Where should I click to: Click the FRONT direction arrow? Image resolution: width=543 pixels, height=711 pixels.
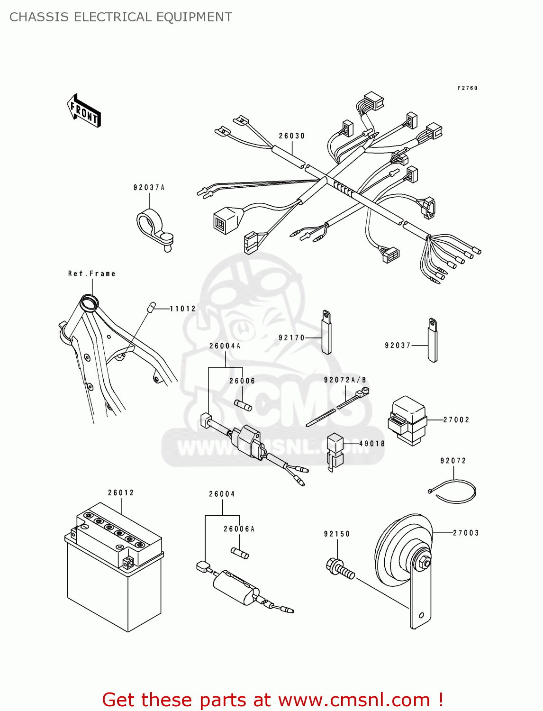point(84,111)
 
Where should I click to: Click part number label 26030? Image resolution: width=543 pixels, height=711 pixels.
point(291,136)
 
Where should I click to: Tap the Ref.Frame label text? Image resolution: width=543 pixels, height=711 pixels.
point(91,273)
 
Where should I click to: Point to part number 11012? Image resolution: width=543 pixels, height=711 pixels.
point(183,309)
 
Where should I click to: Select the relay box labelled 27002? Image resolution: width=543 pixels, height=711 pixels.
point(408,420)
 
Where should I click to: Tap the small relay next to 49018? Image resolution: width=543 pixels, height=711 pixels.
point(335,450)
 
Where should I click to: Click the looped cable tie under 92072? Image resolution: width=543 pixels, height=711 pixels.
point(454,492)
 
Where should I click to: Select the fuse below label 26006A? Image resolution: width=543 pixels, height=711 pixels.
point(240,553)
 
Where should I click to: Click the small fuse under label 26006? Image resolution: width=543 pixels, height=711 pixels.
point(244,405)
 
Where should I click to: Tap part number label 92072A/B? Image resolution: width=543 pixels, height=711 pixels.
point(345,380)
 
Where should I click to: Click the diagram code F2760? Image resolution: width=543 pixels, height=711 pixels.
point(467,88)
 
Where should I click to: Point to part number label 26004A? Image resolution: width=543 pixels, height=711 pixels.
point(225,346)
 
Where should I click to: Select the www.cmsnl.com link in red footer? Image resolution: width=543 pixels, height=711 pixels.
point(354,700)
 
